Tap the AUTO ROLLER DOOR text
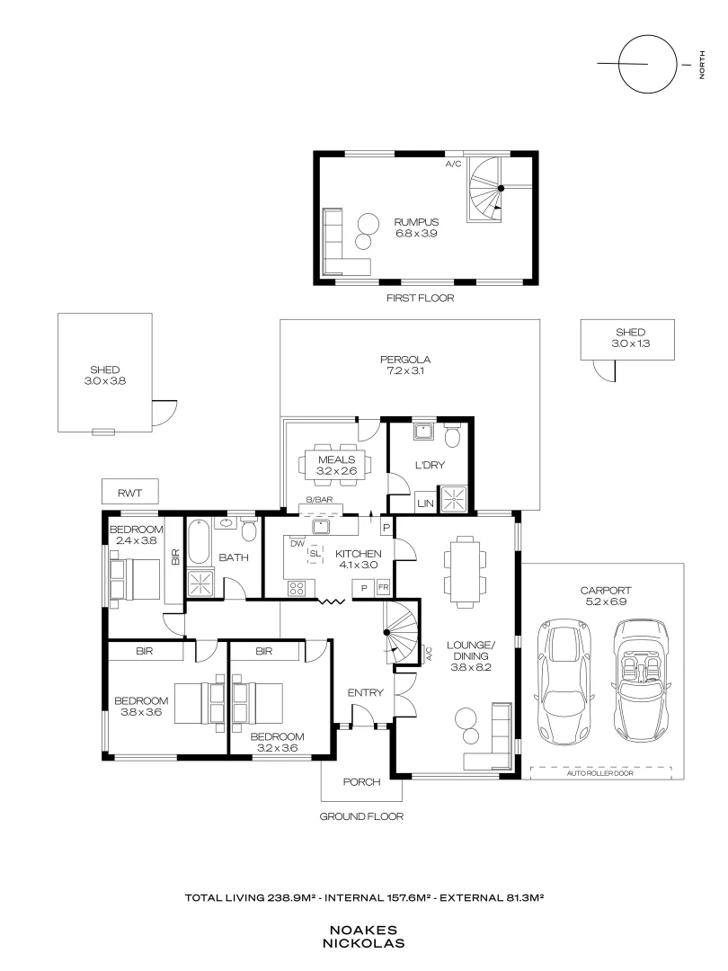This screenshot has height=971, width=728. coord(600,772)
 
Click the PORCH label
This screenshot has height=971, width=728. coord(362,781)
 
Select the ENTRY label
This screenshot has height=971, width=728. coord(366,692)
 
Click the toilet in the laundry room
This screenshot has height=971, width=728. coord(453,437)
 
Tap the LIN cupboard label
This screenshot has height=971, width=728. coord(425,504)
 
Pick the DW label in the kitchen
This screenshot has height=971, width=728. coord(296,542)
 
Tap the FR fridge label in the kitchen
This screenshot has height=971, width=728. coord(383,587)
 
